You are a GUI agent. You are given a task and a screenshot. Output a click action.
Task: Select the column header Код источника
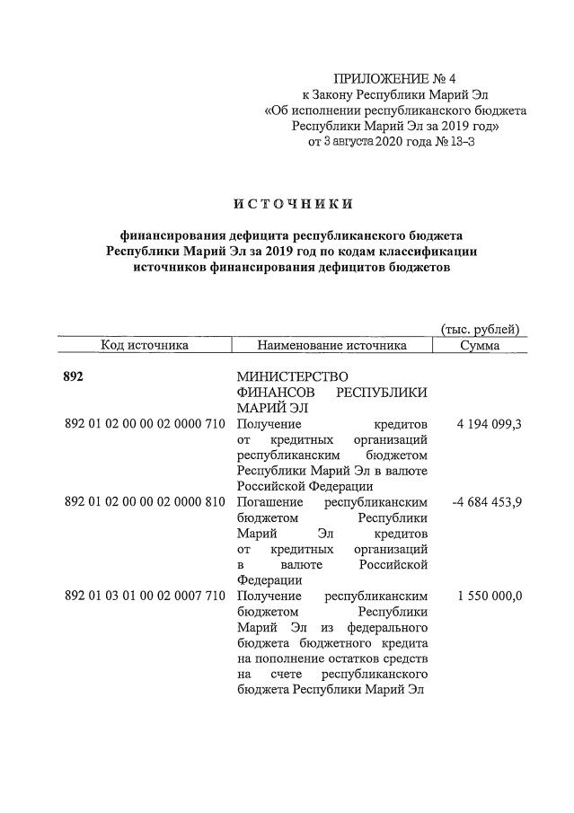145,345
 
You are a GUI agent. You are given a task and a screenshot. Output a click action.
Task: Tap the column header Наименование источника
331,345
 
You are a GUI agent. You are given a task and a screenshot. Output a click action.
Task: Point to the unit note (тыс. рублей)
480,329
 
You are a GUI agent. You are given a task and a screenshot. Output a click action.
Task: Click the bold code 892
74,376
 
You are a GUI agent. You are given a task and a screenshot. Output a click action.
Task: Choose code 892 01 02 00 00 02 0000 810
145,501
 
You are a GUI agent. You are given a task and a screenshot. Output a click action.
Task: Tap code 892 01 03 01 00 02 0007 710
145,596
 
